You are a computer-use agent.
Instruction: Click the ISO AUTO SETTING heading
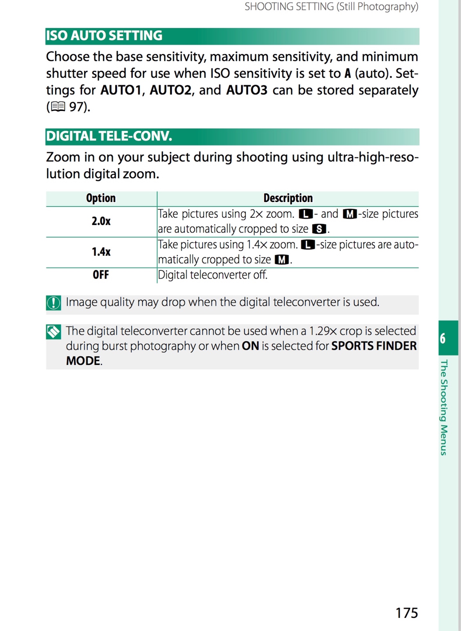(x=104, y=36)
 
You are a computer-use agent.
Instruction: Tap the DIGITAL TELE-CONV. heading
(x=109, y=136)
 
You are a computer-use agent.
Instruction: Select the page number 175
(x=407, y=613)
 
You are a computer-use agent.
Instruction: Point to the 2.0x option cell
(x=101, y=221)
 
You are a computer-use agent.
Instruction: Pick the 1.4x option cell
(x=101, y=252)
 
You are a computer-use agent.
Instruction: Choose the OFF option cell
(x=101, y=275)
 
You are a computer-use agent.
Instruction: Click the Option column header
(x=101, y=198)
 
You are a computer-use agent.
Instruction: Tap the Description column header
(x=288, y=198)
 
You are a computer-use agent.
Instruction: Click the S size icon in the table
(x=319, y=229)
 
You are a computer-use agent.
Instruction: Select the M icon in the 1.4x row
(x=282, y=259)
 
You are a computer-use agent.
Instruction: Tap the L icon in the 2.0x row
(x=306, y=214)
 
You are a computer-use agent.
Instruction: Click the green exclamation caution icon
(x=54, y=303)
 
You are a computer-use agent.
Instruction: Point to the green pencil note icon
(x=54, y=332)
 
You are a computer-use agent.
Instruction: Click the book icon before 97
(x=58, y=106)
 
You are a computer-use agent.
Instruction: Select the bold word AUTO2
(x=170, y=90)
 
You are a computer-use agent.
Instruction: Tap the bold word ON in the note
(x=250, y=346)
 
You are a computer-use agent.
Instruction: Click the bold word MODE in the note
(x=83, y=361)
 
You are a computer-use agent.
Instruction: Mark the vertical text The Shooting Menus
(x=444, y=407)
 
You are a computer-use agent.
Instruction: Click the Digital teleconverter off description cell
(x=213, y=275)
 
